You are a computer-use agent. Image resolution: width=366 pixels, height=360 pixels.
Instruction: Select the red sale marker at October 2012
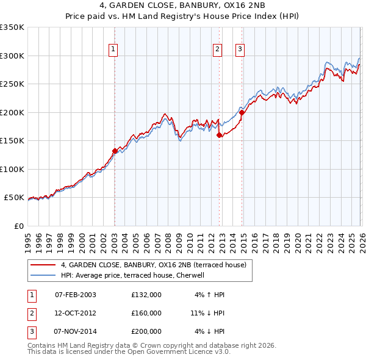(219, 135)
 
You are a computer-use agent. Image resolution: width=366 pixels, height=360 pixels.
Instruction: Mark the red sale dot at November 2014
(242, 112)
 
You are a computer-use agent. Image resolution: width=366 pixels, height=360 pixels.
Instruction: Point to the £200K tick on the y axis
(12, 112)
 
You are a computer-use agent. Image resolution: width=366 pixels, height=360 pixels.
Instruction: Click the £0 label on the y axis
(18, 226)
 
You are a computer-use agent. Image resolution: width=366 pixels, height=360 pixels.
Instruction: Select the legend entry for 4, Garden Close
(153, 265)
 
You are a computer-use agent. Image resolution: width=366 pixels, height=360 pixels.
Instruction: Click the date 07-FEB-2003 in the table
(75, 295)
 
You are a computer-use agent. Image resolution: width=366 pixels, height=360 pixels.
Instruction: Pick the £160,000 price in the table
(146, 313)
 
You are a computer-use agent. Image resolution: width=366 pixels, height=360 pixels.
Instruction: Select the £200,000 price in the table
(146, 331)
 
